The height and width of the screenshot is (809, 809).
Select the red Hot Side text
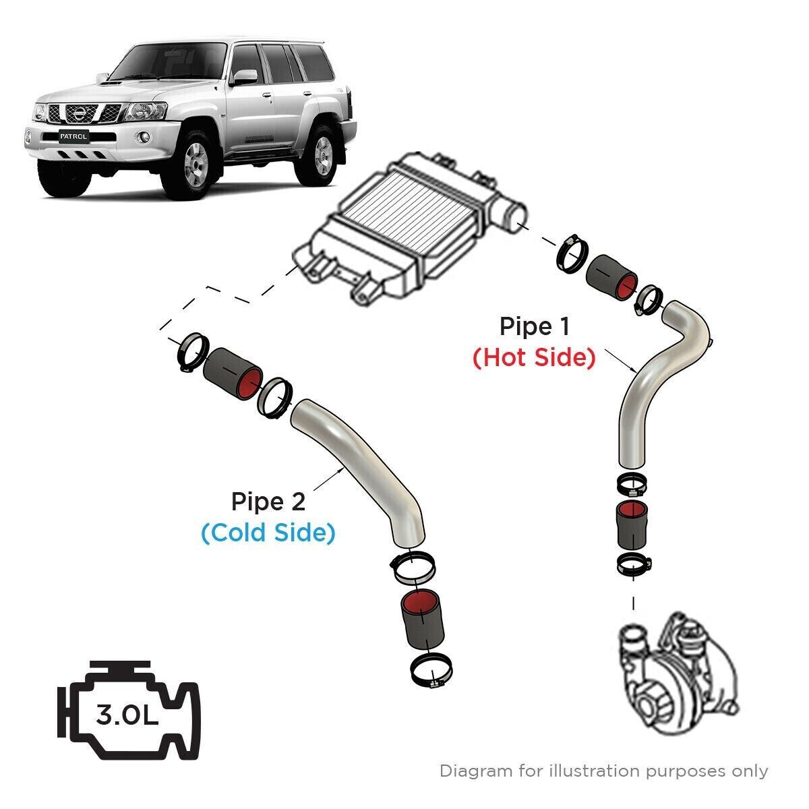(534, 357)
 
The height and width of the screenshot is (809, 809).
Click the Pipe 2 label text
(268, 502)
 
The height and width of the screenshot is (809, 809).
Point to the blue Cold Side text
(268, 533)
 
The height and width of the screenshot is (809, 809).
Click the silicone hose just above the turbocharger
(632, 527)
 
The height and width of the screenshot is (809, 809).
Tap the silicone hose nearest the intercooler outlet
(610, 277)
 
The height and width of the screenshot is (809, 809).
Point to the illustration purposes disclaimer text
(603, 771)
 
